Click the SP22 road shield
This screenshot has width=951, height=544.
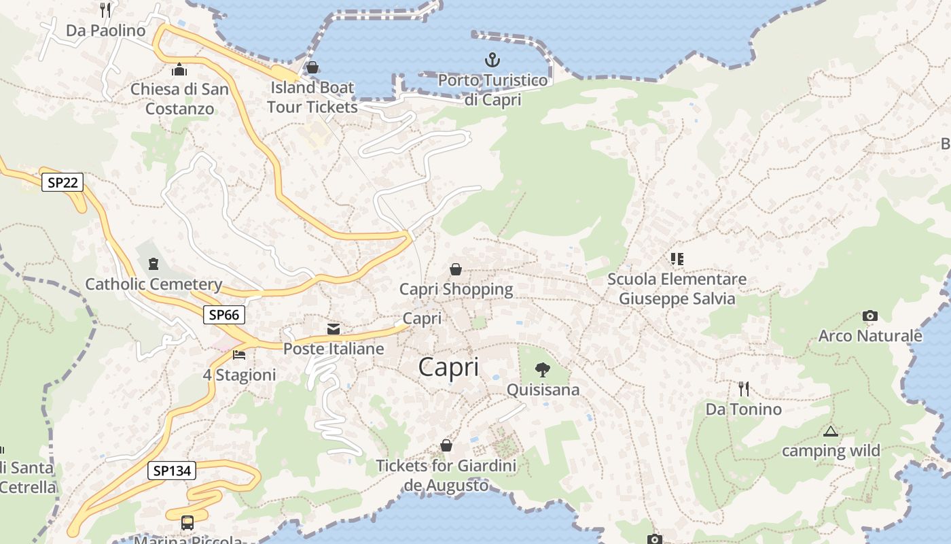pyautogui.click(x=62, y=182)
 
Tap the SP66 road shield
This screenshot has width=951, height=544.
pyautogui.click(x=223, y=315)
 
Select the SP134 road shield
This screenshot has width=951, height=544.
pyautogui.click(x=171, y=471)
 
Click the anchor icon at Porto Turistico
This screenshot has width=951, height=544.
pyautogui.click(x=492, y=61)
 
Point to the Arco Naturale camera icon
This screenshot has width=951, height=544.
pyautogui.click(x=869, y=316)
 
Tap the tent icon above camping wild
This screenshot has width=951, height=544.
pyautogui.click(x=830, y=431)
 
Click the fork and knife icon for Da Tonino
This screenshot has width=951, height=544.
pyautogui.click(x=744, y=389)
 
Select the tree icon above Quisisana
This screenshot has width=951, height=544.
pyautogui.click(x=542, y=370)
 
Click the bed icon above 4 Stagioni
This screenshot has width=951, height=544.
pyautogui.click(x=239, y=354)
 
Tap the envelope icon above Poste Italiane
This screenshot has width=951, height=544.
pyautogui.click(x=334, y=329)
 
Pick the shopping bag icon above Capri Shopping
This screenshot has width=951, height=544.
pyautogui.click(x=456, y=269)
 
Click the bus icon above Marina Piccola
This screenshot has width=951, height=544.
pyautogui.click(x=187, y=523)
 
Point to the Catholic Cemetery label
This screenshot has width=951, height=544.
pyautogui.click(x=154, y=284)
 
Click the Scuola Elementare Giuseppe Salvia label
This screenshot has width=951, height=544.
pyautogui.click(x=677, y=289)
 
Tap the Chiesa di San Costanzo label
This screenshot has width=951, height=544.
pyautogui.click(x=179, y=99)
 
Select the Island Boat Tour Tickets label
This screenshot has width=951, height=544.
pyautogui.click(x=312, y=97)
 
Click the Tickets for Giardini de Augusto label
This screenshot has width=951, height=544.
pyautogui.click(x=446, y=475)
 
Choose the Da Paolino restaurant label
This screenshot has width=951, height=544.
pyautogui.click(x=105, y=31)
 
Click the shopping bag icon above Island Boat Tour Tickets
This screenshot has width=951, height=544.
pyautogui.click(x=312, y=67)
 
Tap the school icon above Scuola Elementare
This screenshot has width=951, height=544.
pyautogui.click(x=677, y=258)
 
